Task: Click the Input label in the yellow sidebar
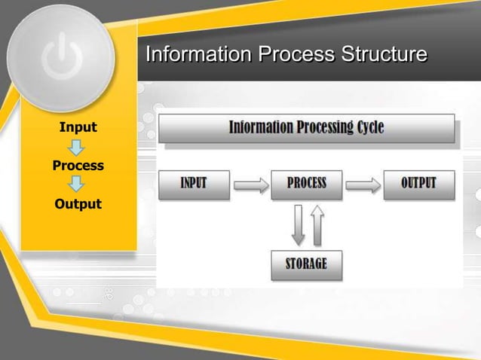[x=78, y=127]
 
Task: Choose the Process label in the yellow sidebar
[x=78, y=165]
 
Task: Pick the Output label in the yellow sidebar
[x=78, y=204]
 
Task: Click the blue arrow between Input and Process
[x=78, y=146]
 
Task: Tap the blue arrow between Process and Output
[x=78, y=185]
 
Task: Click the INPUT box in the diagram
[x=194, y=184]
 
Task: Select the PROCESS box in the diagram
[x=306, y=184]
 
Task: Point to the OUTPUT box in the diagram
[x=418, y=184]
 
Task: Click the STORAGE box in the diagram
[x=306, y=265]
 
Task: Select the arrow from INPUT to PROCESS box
[x=251, y=185]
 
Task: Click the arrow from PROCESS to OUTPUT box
[x=363, y=185]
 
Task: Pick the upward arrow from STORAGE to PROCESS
[x=317, y=224]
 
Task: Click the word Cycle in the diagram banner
[x=367, y=127]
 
